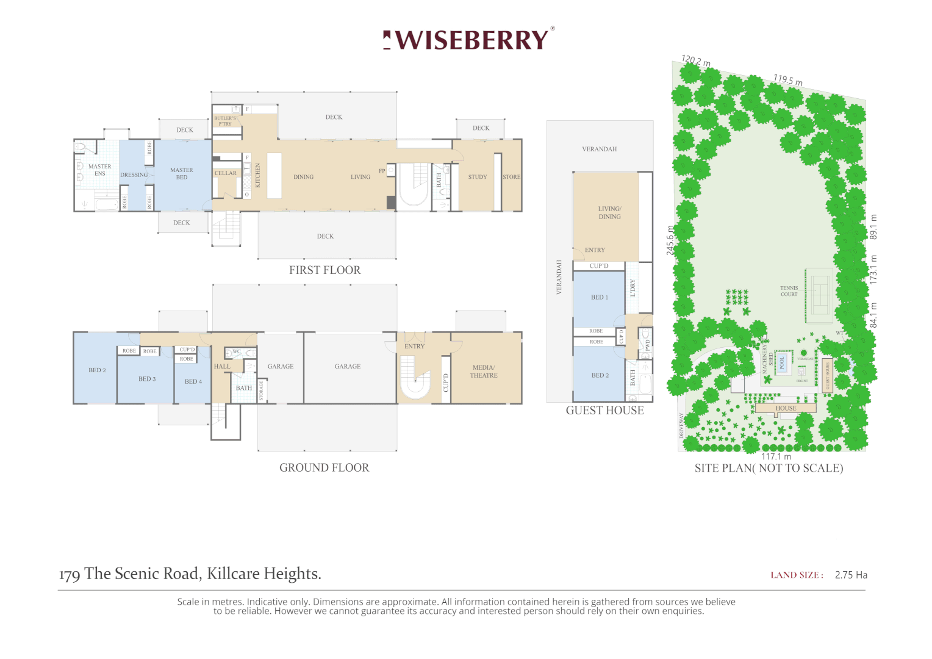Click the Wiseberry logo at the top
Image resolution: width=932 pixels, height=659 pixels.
point(468,40)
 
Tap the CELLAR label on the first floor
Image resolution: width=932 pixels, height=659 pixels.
point(225,173)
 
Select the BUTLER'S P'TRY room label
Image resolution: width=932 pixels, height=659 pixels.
point(224,121)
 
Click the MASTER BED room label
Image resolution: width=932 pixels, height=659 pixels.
point(182,174)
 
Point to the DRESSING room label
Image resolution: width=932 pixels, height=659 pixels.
point(134,175)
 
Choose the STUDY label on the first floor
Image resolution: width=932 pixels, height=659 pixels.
point(478,177)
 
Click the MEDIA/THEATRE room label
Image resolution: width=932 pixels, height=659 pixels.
point(484,372)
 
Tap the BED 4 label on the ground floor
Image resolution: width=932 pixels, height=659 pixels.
point(193,382)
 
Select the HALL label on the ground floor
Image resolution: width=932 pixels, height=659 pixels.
point(222,367)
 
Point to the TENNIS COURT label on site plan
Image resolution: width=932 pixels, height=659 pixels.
point(789,291)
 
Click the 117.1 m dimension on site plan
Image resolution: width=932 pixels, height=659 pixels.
point(776,456)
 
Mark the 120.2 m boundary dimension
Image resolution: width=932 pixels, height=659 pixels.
point(696,61)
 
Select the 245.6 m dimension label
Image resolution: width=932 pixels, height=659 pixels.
point(670,240)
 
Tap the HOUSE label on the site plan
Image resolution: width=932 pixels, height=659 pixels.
point(786,408)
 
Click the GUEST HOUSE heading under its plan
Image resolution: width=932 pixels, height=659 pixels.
point(604,411)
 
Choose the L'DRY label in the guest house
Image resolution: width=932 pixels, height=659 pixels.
point(633,288)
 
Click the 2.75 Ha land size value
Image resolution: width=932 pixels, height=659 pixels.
point(851,575)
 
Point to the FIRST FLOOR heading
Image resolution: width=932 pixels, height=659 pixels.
point(324,270)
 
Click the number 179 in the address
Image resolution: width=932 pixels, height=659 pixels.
point(70,575)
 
